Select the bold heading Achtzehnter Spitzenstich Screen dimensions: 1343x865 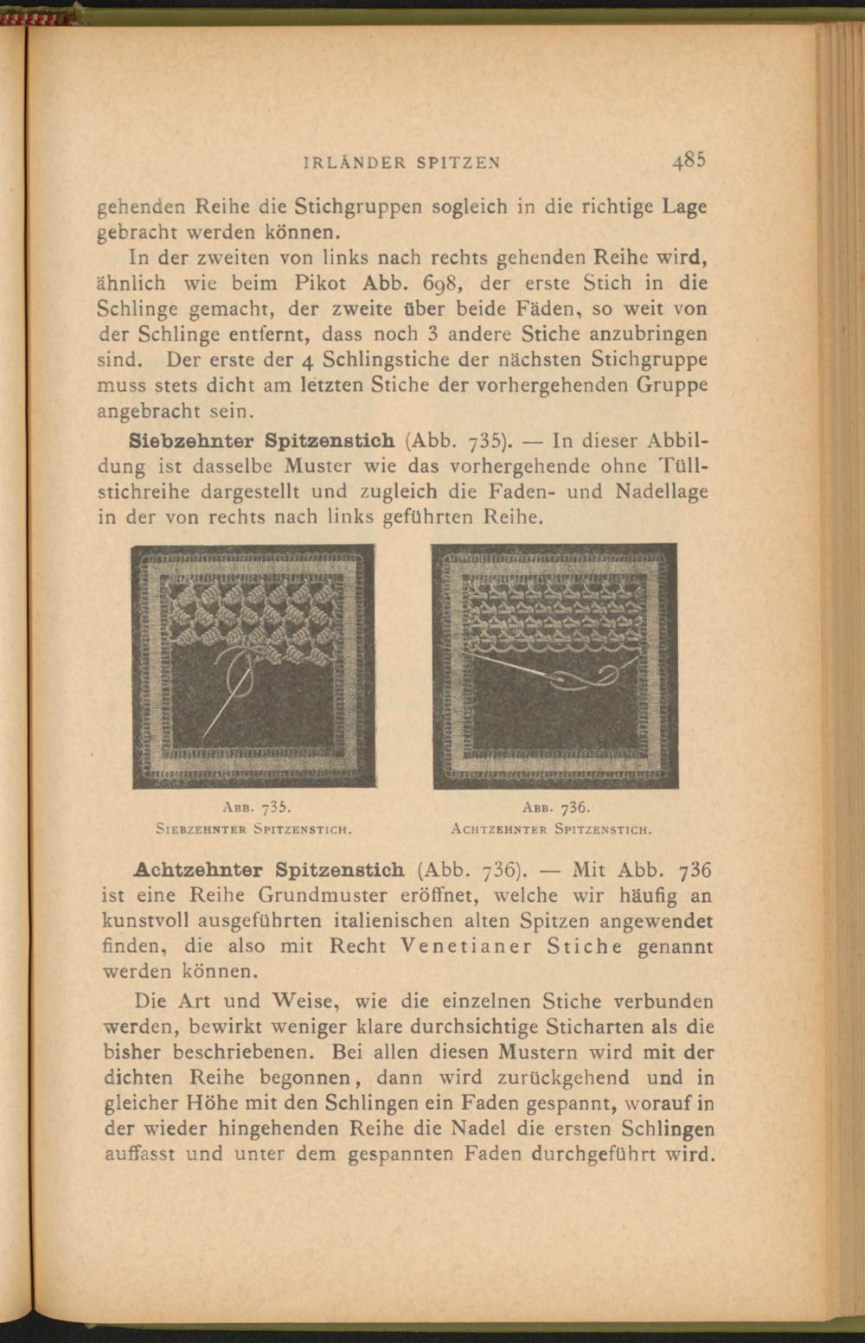click(269, 869)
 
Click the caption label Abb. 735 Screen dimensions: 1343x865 click(254, 809)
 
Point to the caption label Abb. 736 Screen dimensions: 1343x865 click(555, 809)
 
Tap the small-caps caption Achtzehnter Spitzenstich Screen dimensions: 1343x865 click(551, 828)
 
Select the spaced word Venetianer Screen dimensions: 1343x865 click(466, 946)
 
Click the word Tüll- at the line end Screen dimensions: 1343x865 click(684, 465)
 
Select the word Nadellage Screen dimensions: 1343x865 click(662, 491)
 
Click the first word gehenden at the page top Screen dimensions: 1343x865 click(140, 208)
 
